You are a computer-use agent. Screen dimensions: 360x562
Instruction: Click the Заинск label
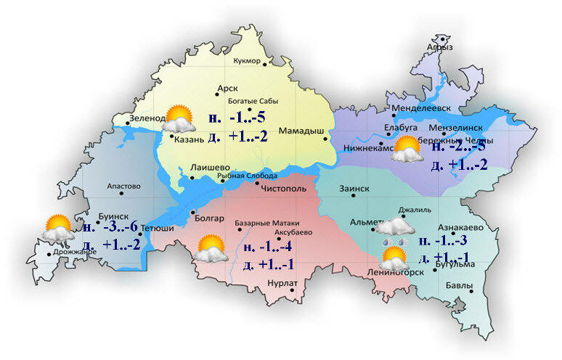click(354, 189)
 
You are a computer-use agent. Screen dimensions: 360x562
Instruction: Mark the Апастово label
click(123, 187)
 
